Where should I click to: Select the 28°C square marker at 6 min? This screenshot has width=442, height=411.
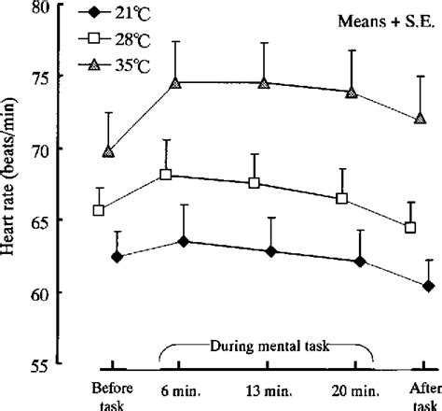pos(165,175)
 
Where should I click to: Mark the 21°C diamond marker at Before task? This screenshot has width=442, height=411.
pos(117,256)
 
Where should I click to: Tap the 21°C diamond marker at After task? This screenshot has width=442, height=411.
pos(428,286)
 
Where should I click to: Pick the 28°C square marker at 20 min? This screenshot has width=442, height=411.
pos(341,199)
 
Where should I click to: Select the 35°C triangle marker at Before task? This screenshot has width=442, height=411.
pos(109,150)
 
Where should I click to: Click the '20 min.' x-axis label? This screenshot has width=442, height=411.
pos(351,385)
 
